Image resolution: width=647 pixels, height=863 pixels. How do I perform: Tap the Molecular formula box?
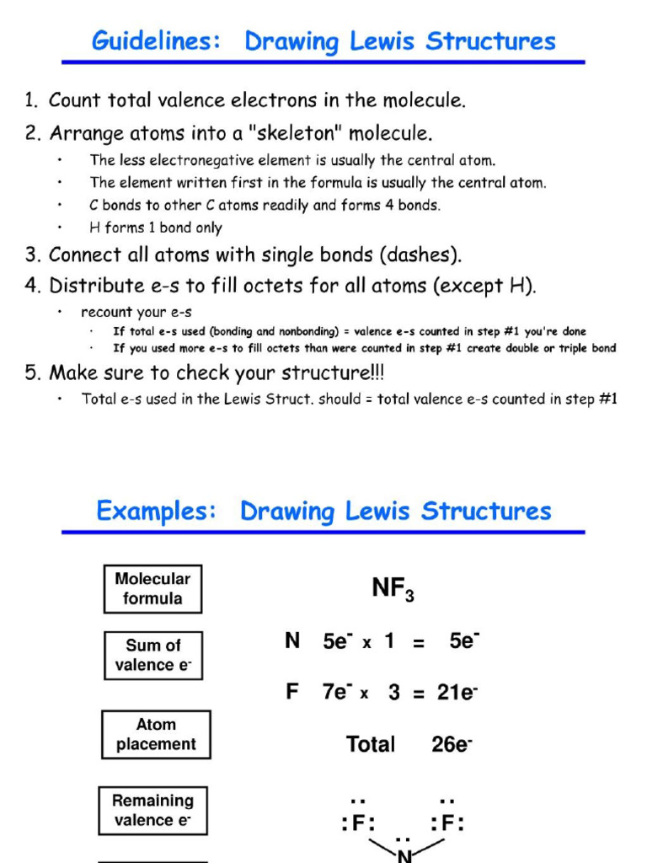[x=152, y=588]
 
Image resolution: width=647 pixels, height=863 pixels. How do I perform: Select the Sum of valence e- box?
[x=153, y=655]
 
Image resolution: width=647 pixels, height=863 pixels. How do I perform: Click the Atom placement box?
[x=156, y=734]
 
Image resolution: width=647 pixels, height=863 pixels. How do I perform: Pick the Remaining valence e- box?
[x=152, y=810]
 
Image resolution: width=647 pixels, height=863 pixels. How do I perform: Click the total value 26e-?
[x=452, y=744]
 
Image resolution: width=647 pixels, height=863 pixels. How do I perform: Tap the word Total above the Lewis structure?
[x=370, y=744]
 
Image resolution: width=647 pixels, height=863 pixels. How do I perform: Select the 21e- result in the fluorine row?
[x=457, y=693]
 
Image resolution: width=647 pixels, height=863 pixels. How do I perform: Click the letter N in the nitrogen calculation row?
[x=292, y=641]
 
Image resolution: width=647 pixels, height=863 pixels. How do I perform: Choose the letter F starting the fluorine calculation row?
[x=292, y=693]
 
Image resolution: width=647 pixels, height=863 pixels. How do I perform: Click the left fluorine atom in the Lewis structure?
[x=357, y=823]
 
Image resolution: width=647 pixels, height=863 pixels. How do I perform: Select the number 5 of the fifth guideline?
[x=30, y=373]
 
